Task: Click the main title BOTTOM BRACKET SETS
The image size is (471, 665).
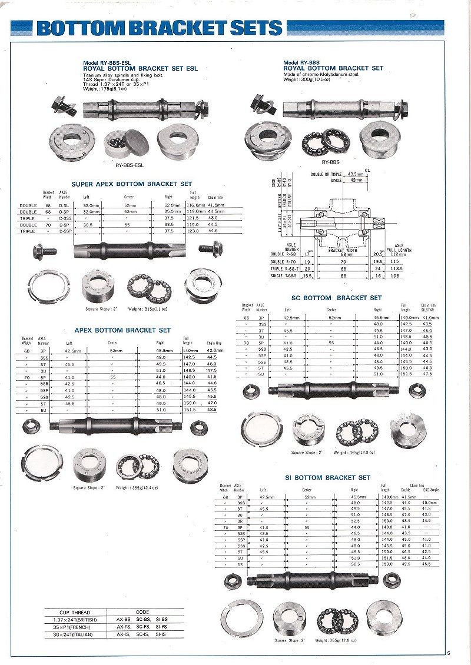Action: pos(159,28)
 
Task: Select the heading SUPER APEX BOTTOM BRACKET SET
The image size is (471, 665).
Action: pos(132,184)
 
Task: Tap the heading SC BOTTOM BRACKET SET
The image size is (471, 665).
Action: pos(336,298)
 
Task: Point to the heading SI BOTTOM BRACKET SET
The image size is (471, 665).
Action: pos(327,477)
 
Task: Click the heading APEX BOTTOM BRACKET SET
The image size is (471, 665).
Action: pos(122,330)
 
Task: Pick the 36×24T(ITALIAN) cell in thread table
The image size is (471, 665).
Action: pos(75,635)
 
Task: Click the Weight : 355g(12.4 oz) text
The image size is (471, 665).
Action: pos(137,488)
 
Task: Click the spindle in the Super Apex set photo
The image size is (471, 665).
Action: pos(130,250)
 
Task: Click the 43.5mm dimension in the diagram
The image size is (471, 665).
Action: pos(356,174)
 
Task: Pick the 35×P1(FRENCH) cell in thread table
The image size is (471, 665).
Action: pos(75,627)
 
